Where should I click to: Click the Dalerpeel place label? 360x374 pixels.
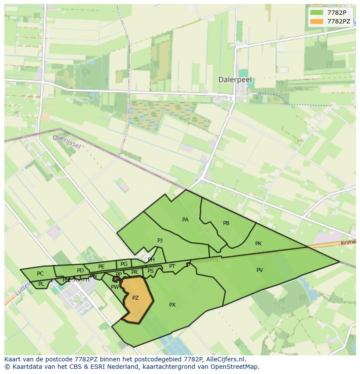click(x=235, y=80)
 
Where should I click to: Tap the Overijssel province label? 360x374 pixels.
click(x=67, y=141)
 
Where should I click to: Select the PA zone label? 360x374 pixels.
click(x=185, y=220)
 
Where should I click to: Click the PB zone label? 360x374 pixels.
click(x=226, y=223)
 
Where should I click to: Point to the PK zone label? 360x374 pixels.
click(x=258, y=244)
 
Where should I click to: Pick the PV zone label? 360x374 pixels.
click(x=260, y=270)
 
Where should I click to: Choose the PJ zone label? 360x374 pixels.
click(x=160, y=240)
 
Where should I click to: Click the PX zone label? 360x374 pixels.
click(x=172, y=305)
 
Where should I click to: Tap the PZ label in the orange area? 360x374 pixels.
click(x=135, y=298)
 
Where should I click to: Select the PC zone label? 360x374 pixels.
click(x=40, y=274)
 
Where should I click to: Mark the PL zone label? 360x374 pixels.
click(x=41, y=284)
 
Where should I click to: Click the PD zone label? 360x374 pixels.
click(x=80, y=271)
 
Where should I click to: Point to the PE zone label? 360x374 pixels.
click(x=101, y=267)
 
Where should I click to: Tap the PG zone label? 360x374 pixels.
click(x=124, y=264)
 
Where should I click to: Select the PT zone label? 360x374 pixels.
click(x=172, y=266)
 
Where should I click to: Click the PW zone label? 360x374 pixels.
click(x=115, y=287)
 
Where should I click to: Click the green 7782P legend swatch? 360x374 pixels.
click(x=317, y=12)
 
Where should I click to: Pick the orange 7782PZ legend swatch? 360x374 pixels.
click(x=317, y=21)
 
